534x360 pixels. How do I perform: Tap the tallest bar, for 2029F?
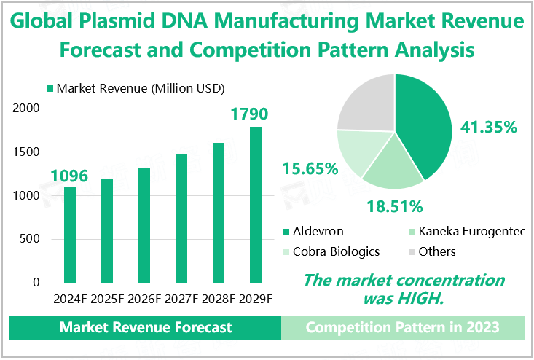(x=255, y=204)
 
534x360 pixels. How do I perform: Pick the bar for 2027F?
(x=181, y=218)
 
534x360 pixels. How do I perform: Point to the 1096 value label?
(x=69, y=176)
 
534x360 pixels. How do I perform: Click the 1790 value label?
(x=249, y=114)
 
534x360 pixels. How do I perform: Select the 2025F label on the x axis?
(x=106, y=300)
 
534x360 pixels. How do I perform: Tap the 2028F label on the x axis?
(x=218, y=300)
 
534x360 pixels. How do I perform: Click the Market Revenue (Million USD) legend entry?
(x=136, y=88)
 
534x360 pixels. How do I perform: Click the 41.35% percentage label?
(x=488, y=128)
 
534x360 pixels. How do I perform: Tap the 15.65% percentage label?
(x=310, y=169)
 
